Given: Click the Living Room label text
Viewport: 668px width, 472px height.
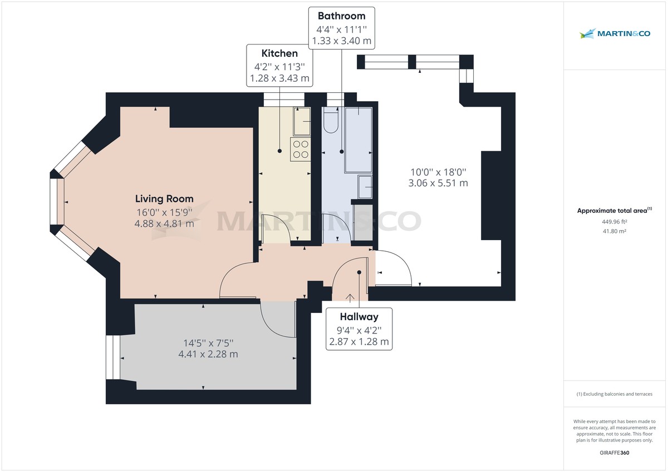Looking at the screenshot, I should point(165,198).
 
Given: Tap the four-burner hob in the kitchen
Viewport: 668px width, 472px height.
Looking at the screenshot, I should point(301,149).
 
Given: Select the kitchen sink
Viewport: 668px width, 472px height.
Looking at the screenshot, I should point(303,121).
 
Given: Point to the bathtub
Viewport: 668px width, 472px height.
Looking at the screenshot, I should point(358,139).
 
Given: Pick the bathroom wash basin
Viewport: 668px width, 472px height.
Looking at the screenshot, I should point(366,187).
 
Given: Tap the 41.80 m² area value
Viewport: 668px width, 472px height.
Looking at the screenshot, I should point(614,231).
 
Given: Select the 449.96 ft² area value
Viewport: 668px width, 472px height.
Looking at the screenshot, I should point(614,221).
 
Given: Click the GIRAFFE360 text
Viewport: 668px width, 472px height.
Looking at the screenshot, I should point(614,453).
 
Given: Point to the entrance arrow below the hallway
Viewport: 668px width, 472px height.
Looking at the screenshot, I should point(350,298).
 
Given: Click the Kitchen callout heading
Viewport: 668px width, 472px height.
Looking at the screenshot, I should point(279,53).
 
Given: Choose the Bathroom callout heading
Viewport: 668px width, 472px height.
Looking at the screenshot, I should point(341,16).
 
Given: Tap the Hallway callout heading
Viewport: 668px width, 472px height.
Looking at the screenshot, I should point(359,317).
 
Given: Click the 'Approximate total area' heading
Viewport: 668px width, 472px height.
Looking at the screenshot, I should point(614,211).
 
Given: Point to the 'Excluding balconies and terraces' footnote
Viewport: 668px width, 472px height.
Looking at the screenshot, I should point(614,394).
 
